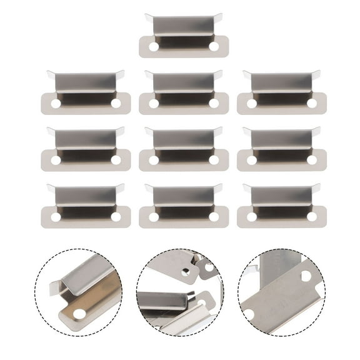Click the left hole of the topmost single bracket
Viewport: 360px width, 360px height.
(x=154, y=46)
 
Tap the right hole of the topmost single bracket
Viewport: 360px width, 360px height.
(x=214, y=46)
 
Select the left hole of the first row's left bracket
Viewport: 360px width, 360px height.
(x=56, y=103)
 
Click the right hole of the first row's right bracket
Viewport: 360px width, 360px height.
(x=312, y=103)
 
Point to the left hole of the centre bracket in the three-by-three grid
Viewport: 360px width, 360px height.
(x=154, y=160)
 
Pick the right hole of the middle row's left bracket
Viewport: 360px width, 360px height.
(x=116, y=160)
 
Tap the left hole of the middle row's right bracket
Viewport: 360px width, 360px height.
(x=252, y=160)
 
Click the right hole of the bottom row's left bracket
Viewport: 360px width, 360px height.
(x=116, y=217)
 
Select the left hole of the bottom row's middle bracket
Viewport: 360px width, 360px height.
(x=154, y=217)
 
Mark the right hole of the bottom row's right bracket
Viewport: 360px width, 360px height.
(x=312, y=217)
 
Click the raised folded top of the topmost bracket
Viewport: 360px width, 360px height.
(x=184, y=24)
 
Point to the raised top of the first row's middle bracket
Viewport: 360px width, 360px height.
(x=184, y=81)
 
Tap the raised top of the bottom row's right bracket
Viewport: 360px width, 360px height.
(x=282, y=195)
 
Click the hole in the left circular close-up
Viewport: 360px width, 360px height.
(x=80, y=313)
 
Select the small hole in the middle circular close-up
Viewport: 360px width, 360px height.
(x=186, y=272)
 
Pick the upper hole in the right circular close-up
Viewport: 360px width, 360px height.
(x=306, y=276)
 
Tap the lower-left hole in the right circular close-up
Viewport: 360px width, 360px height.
(x=249, y=314)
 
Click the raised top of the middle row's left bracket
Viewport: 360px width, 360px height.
(x=86, y=138)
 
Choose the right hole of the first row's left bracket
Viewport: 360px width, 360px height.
(x=116, y=103)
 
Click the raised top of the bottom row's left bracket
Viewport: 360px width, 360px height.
(x=86, y=195)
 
